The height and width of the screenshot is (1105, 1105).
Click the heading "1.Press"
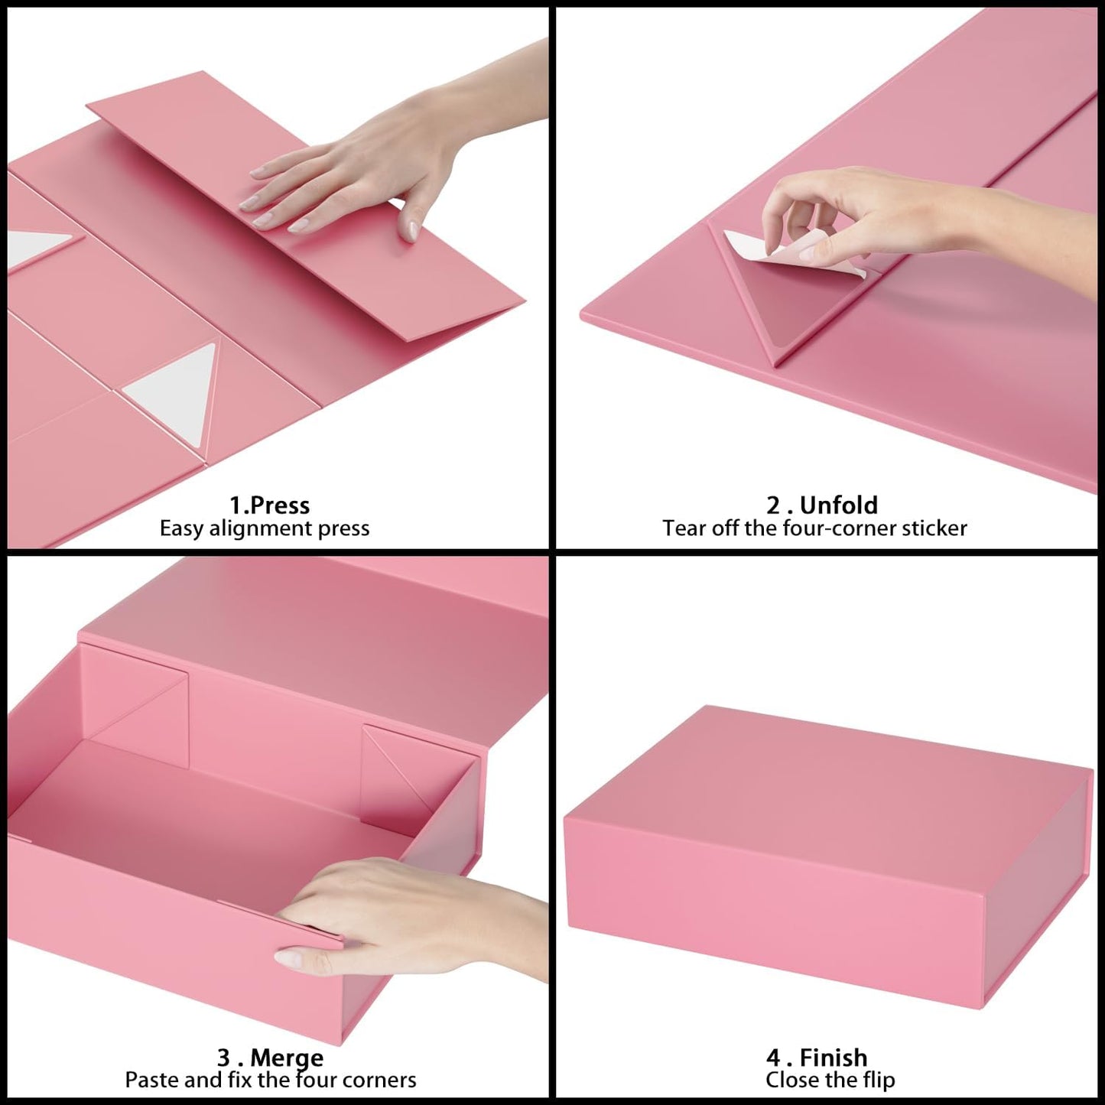click(269, 505)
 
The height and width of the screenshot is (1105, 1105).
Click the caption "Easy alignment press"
click(265, 528)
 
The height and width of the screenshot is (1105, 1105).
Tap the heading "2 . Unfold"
click(822, 505)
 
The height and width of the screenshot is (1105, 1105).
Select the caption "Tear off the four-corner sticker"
click(814, 528)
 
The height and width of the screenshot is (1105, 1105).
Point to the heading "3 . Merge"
click(270, 1058)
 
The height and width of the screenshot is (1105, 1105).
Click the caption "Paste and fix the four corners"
click(271, 1080)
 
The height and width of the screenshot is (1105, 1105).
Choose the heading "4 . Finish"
click(817, 1058)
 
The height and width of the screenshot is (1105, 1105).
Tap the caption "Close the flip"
click(830, 1080)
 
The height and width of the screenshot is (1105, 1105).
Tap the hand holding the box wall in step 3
click(398, 918)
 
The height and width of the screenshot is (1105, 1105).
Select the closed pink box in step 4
click(830, 849)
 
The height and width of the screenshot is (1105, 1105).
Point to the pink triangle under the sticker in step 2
click(788, 306)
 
